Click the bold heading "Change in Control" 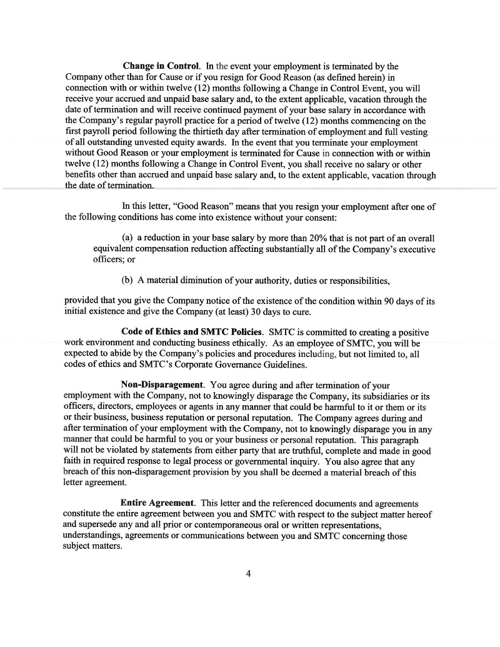pos(161,66)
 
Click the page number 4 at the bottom pos(249,574)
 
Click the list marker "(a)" pos(128,238)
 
